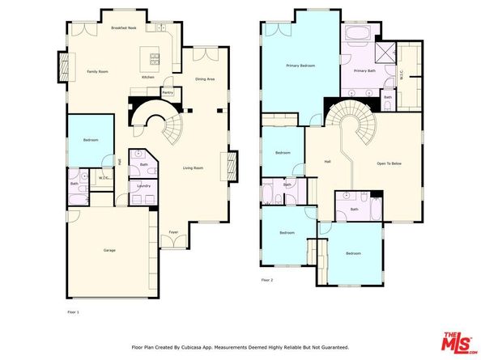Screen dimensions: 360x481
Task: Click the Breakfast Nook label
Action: point(123,28)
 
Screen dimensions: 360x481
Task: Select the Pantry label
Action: point(168,92)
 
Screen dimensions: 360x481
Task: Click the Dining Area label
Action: point(205,78)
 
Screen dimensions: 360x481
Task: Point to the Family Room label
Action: point(98,72)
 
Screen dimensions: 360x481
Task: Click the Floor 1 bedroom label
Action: point(90,140)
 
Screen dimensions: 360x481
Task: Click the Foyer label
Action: point(173,232)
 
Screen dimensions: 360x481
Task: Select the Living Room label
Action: point(193,167)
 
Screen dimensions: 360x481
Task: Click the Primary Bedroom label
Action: point(300,65)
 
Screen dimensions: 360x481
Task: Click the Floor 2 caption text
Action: point(267,280)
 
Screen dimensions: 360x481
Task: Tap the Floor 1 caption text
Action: point(73,310)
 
